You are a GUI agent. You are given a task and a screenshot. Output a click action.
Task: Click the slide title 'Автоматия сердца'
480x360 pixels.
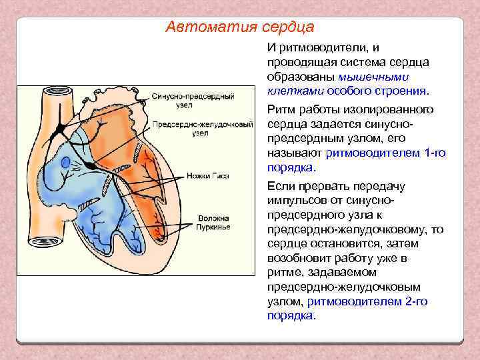tap(239, 27)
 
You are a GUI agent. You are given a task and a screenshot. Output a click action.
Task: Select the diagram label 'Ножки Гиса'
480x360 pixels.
tap(212, 176)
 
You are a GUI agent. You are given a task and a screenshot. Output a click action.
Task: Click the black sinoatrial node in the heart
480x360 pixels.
tap(61, 125)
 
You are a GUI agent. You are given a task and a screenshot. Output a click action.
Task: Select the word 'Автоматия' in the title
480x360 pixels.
tap(201, 27)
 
